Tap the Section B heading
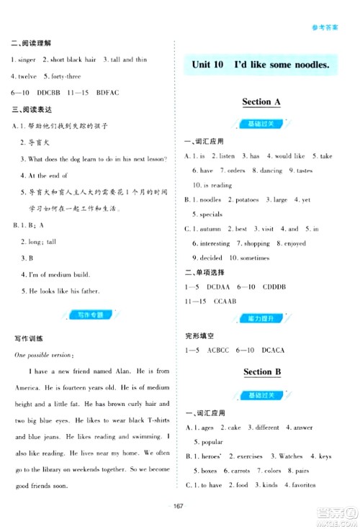pyautogui.click(x=261, y=372)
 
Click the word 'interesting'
pyautogui.click(x=210, y=243)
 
